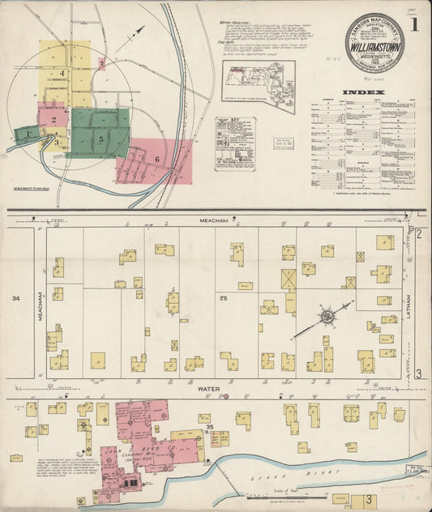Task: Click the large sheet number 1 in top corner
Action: tap(414, 24)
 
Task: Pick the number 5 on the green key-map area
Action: tap(101, 139)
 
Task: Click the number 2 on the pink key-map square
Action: tap(53, 121)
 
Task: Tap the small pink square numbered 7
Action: tap(101, 62)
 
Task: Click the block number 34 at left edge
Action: tap(15, 299)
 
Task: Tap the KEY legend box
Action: tap(235, 143)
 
